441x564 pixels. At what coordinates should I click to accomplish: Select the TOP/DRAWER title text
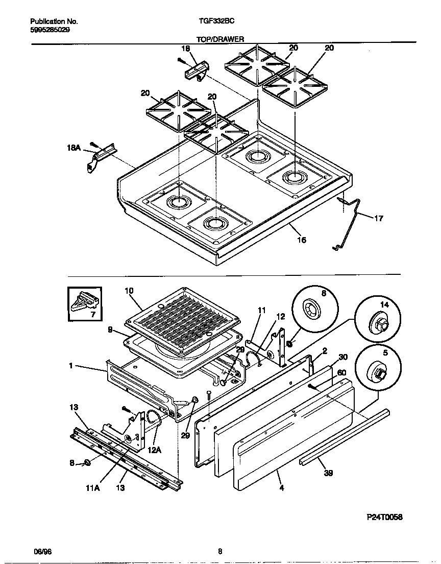(220, 39)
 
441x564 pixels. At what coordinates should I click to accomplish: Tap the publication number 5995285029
(50, 30)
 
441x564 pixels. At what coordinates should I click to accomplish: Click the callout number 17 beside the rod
(378, 219)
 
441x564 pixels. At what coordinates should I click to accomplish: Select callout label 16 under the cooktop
(302, 240)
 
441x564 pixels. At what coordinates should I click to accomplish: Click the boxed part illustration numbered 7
(84, 306)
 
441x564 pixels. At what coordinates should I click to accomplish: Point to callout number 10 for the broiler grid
(129, 291)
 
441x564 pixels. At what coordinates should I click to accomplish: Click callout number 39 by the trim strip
(329, 474)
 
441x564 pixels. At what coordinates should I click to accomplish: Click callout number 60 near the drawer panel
(342, 372)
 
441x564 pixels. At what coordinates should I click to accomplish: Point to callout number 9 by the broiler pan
(111, 330)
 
